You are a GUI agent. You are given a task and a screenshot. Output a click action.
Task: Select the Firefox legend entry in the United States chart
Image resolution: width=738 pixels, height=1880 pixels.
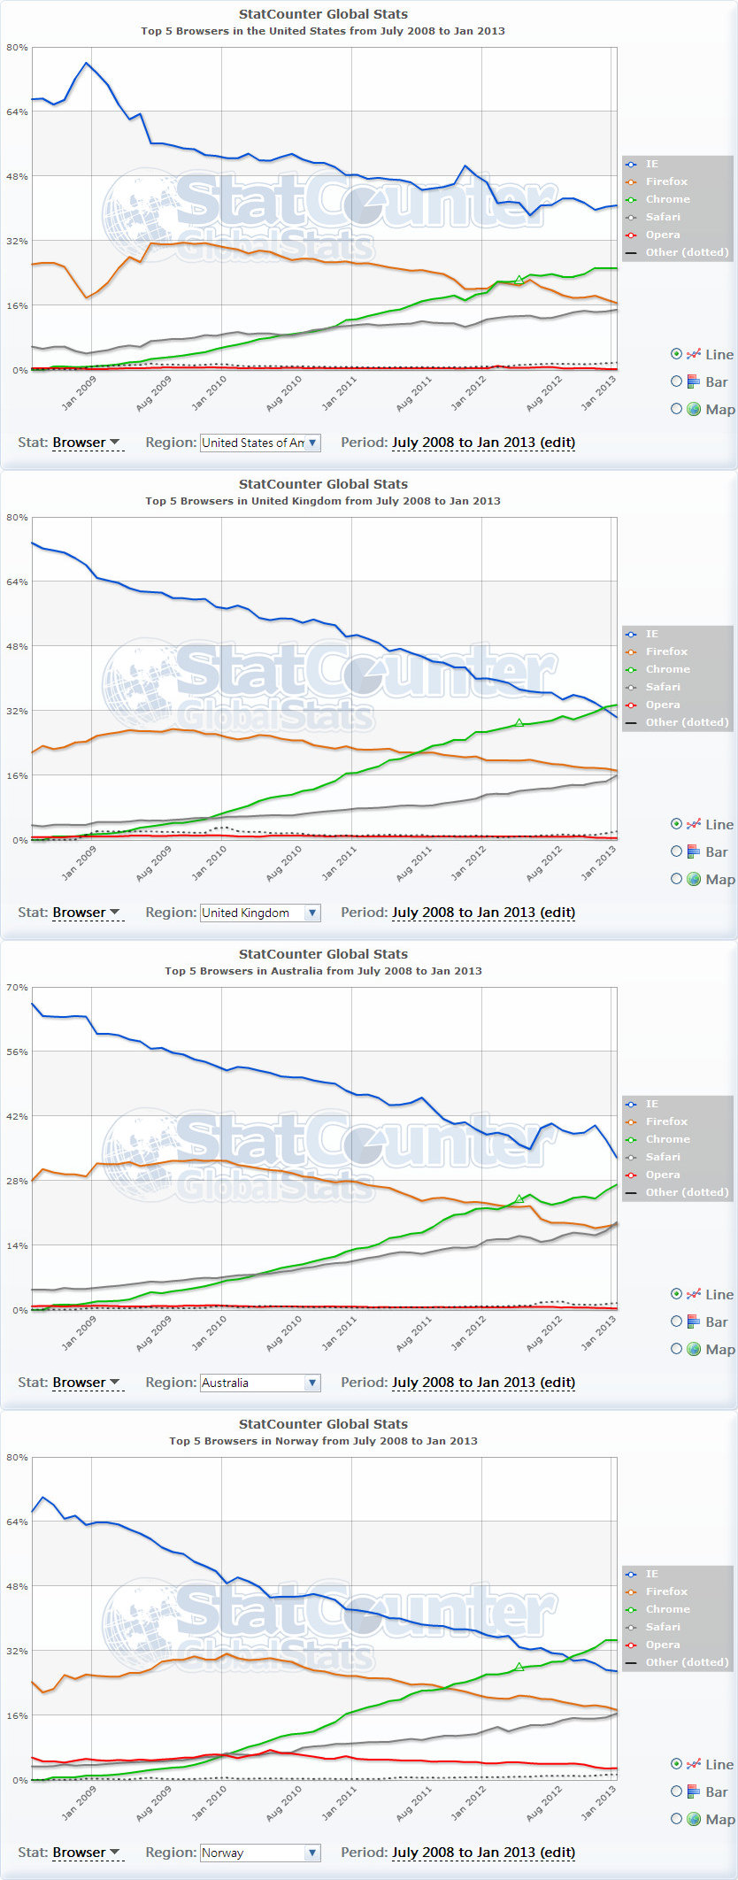tap(666, 181)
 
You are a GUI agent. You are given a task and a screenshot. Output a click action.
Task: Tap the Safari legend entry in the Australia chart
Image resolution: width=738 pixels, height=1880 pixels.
tap(663, 1157)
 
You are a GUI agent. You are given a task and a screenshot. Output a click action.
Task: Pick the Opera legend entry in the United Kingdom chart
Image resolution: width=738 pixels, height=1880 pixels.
tap(663, 705)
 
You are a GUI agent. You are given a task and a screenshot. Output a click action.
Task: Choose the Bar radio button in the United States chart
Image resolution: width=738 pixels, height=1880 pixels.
tap(677, 381)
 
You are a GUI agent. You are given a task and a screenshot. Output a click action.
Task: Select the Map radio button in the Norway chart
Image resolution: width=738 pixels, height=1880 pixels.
tap(677, 1819)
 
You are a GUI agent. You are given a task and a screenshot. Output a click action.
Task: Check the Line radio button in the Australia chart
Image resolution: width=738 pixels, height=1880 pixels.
tap(677, 1294)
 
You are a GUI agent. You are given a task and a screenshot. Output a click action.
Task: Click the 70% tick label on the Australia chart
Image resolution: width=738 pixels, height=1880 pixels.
tap(17, 987)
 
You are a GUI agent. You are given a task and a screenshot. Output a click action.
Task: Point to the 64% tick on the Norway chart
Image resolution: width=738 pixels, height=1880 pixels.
tap(17, 1522)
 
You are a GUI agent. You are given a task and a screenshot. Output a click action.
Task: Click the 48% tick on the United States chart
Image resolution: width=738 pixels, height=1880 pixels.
tap(17, 176)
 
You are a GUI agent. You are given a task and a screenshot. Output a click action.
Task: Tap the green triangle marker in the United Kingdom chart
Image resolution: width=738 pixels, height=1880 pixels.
tap(519, 723)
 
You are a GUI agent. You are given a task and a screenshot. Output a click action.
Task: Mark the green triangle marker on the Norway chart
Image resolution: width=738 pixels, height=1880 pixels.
tap(519, 1667)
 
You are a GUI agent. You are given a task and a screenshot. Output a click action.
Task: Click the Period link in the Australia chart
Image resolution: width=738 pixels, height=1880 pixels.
tap(483, 1383)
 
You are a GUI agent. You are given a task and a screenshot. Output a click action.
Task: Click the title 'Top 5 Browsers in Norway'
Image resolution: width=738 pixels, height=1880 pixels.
tap(323, 1441)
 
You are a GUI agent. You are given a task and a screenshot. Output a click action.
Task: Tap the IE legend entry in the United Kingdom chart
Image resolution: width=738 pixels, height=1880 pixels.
tap(651, 634)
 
